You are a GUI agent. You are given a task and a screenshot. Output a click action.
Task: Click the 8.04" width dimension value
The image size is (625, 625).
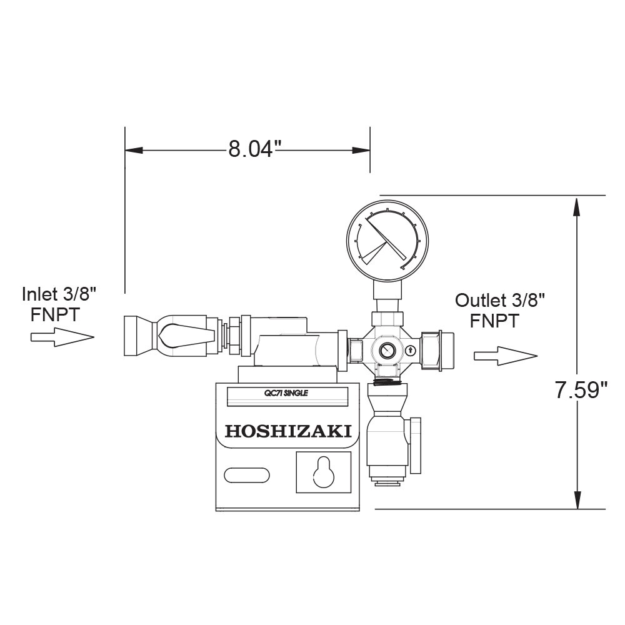[251, 149]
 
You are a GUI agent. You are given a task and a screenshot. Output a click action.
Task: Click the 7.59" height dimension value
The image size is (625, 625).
[581, 390]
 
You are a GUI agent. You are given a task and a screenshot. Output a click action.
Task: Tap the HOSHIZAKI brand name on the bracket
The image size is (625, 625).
[287, 431]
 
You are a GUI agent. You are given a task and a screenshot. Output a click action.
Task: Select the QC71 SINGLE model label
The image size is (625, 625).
[286, 393]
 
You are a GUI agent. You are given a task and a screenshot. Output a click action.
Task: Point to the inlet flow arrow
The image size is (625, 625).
[62, 337]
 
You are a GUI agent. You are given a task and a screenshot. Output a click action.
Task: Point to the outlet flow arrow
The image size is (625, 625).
[506, 356]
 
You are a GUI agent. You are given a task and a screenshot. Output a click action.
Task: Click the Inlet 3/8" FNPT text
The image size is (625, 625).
[59, 304]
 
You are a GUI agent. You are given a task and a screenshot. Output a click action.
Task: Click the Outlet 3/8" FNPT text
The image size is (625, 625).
[500, 311]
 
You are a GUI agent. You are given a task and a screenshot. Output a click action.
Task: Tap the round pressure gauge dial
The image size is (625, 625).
[387, 241]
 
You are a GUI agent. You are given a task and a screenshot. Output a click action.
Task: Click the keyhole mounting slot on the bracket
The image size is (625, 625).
[323, 472]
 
